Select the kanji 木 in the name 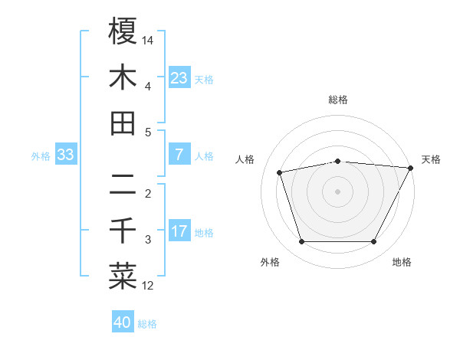tap(123, 77)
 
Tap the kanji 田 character tap(123, 123)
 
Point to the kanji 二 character tap(123, 185)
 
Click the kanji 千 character tap(123, 231)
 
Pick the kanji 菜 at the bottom tap(123, 277)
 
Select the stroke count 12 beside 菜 tap(149, 286)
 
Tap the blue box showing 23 tap(179, 77)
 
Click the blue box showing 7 tap(179, 155)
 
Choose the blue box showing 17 tap(179, 231)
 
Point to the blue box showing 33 tap(65, 155)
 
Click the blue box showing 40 tap(123, 322)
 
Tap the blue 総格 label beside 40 tap(147, 324)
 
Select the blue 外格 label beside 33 tap(41, 156)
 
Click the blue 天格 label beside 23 tap(204, 80)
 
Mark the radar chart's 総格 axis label tap(338, 100)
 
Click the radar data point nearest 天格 tap(411, 168)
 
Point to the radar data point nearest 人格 tap(280, 172)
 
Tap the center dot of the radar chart tap(338, 191)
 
